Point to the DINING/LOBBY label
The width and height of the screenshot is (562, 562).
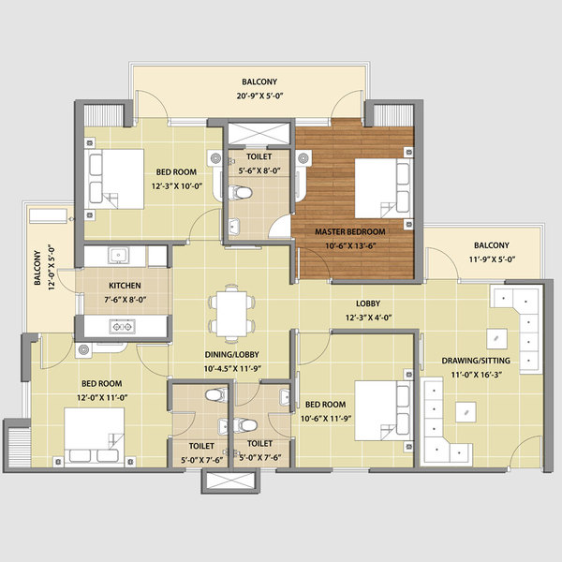click(232, 355)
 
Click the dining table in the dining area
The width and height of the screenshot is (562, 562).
click(230, 312)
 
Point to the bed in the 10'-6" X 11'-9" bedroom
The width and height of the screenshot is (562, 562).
click(379, 412)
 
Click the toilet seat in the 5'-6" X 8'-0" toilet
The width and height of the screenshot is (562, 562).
click(242, 195)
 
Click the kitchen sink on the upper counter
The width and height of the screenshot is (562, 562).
click(118, 255)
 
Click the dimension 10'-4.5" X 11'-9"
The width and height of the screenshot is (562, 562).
click(232, 368)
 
